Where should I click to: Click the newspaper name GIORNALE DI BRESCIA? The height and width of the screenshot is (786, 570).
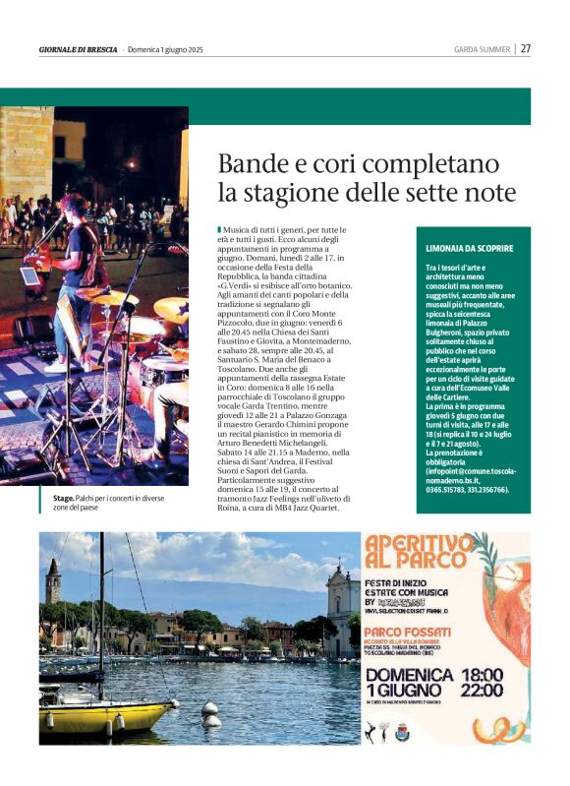coord(79,49)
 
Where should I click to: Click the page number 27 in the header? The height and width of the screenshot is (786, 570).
coord(526,48)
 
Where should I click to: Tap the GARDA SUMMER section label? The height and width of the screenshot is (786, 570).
coord(481,49)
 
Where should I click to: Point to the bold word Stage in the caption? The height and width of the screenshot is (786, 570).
coord(64,499)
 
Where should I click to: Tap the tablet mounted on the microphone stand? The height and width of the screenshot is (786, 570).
coord(30,276)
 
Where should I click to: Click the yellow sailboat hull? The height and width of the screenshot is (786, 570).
coord(93,718)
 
